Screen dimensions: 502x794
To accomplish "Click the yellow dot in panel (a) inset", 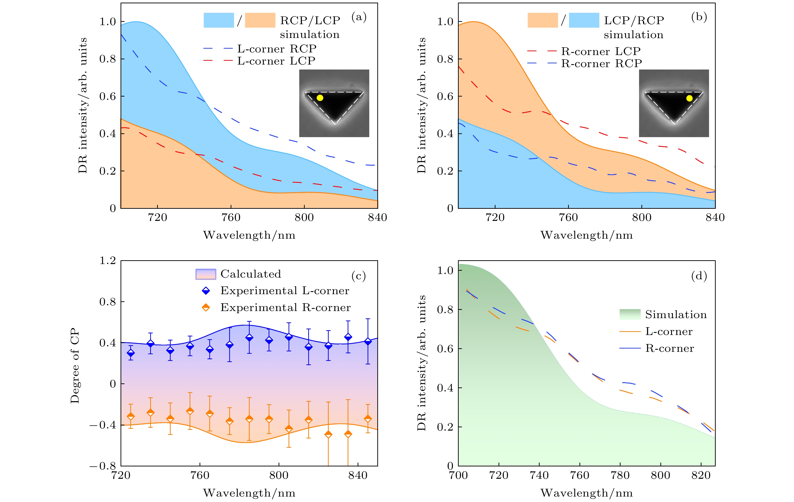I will [x=320, y=98].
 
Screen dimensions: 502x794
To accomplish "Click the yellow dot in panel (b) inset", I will [x=689, y=98].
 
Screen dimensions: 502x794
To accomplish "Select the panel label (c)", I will [x=358, y=276].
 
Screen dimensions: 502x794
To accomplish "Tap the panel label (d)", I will [x=699, y=276].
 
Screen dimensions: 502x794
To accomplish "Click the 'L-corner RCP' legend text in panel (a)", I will [x=277, y=49].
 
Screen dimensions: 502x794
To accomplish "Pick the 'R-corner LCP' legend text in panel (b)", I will [x=601, y=51].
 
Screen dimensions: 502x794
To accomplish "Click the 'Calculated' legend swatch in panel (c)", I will [x=206, y=274].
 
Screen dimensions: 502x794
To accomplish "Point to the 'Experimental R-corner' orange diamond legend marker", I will [x=206, y=307].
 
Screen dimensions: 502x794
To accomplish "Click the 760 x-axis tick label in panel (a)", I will [x=231, y=218].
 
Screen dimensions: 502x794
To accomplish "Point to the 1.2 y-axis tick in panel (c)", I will [x=108, y=261].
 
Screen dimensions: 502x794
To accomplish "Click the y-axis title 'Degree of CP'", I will [x=75, y=366].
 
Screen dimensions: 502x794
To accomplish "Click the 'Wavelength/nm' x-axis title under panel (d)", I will [x=587, y=493].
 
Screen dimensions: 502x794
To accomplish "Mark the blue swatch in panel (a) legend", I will [x=219, y=20].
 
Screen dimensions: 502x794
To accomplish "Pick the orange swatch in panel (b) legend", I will [x=542, y=20].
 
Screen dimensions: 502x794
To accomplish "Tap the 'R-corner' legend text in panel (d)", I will [x=669, y=349].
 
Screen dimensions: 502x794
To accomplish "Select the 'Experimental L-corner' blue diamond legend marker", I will [x=206, y=291].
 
